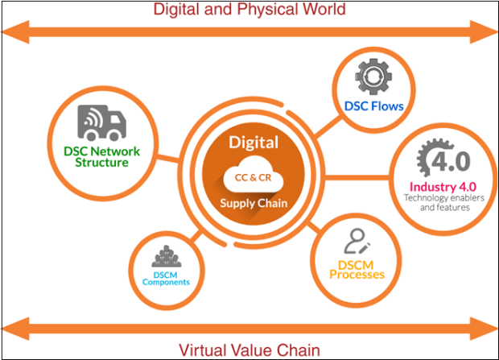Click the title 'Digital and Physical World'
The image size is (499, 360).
[x=249, y=10]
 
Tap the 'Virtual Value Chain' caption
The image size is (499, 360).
[x=249, y=350]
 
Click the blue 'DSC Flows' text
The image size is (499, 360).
[x=373, y=106]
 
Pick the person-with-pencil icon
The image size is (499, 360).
[x=356, y=242]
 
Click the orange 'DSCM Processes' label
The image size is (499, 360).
[x=357, y=269]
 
